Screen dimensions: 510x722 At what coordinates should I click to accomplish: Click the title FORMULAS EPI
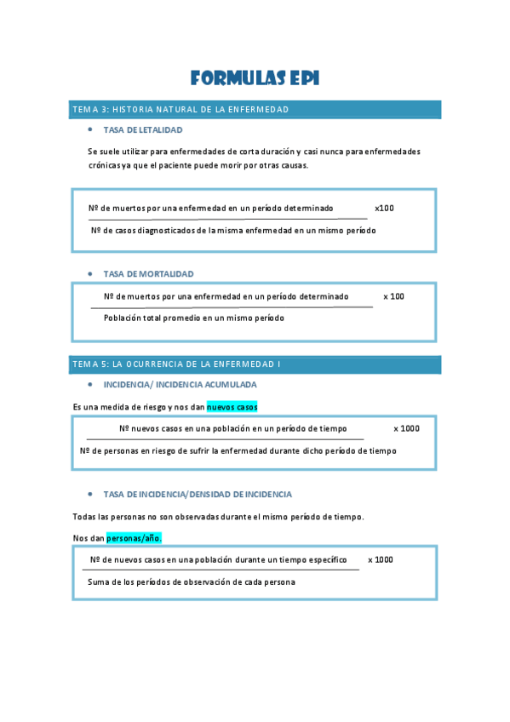click(x=255, y=79)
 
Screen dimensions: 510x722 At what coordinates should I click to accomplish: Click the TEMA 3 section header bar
click(x=255, y=109)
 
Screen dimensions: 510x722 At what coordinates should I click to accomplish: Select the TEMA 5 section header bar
click(x=255, y=364)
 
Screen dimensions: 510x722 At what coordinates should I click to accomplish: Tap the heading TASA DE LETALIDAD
click(x=142, y=130)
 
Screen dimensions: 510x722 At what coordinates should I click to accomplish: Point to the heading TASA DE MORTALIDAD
click(x=148, y=274)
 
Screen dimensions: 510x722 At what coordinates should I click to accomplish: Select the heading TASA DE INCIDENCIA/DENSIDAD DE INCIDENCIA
click(x=197, y=494)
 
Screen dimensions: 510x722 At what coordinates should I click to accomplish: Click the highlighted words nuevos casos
click(x=232, y=407)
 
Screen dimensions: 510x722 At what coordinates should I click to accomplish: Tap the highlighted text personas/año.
click(x=134, y=538)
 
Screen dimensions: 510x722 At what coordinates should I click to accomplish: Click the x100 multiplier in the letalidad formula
click(x=384, y=208)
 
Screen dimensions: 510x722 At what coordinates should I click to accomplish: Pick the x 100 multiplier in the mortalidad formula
click(x=393, y=296)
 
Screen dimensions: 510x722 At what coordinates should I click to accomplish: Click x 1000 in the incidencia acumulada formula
click(x=406, y=428)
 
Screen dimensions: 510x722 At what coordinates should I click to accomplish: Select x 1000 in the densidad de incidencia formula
click(x=381, y=559)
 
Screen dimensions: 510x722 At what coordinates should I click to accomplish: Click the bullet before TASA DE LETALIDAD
click(x=90, y=130)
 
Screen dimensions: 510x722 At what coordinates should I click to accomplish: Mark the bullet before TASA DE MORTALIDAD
click(x=90, y=274)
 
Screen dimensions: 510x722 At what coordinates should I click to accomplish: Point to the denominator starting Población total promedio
click(x=193, y=318)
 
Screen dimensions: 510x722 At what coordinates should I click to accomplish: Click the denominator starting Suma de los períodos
click(x=191, y=582)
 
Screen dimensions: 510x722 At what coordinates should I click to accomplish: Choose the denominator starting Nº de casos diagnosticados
click(x=233, y=230)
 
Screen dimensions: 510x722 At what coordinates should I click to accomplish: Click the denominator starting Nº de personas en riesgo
click(x=238, y=450)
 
